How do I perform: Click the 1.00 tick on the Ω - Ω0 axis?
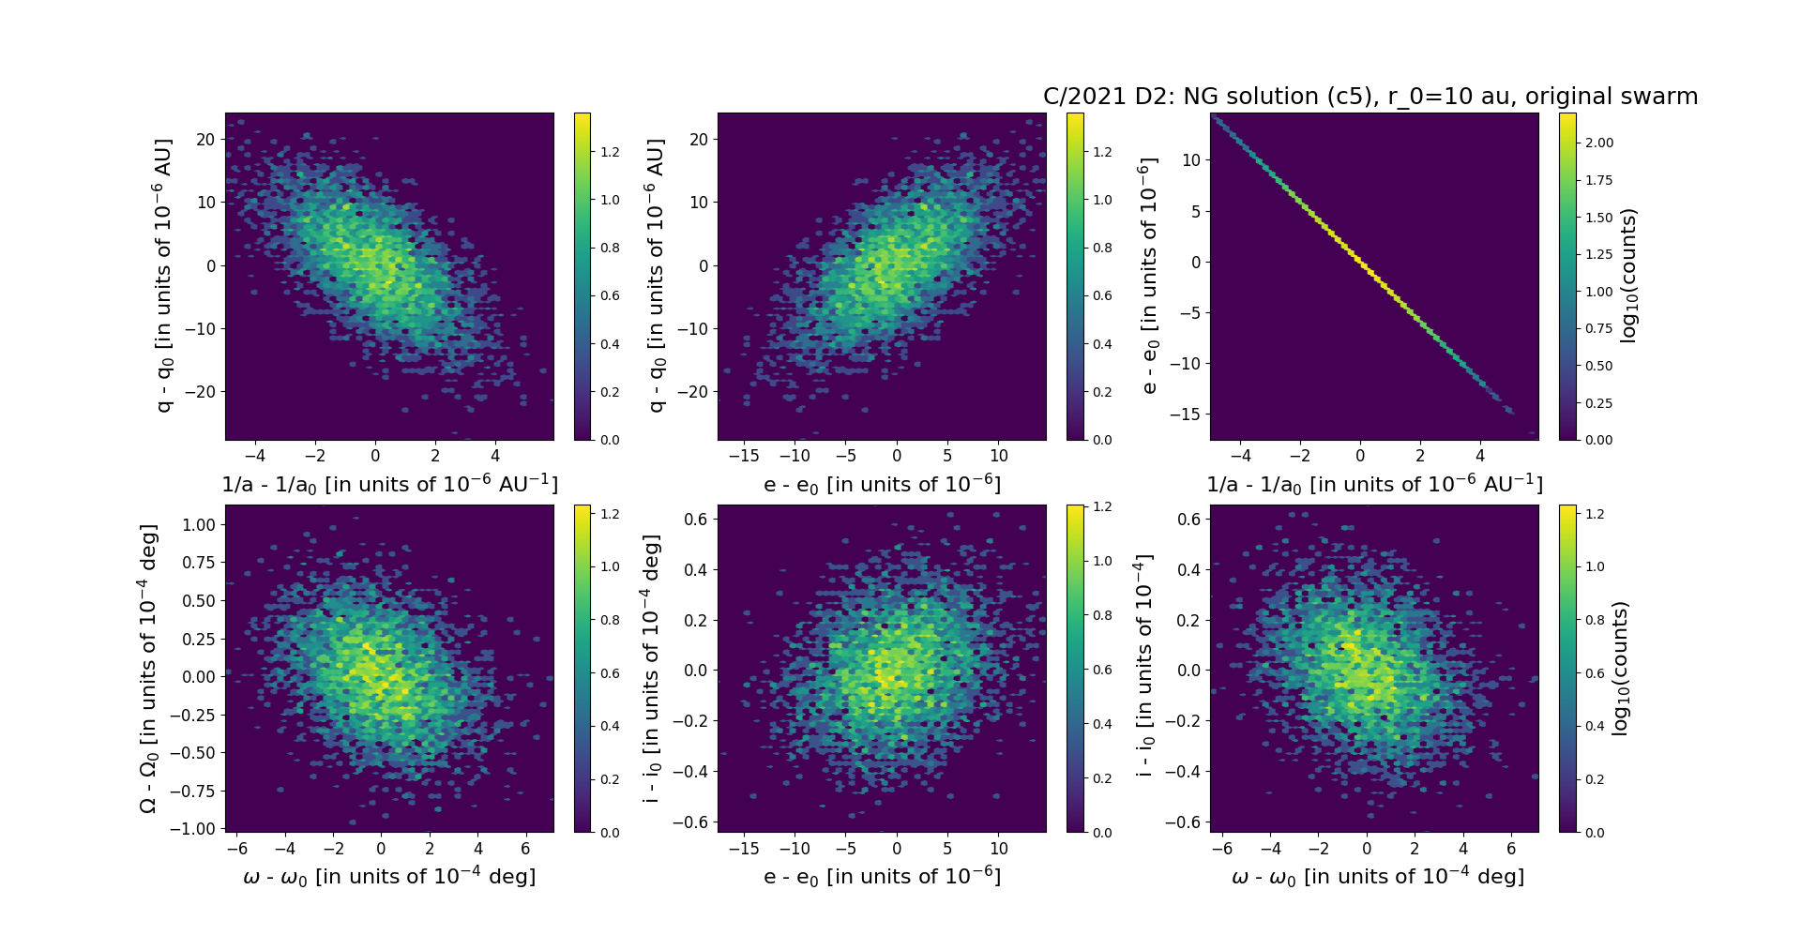pos(197,524)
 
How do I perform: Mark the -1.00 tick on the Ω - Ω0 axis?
pos(193,829)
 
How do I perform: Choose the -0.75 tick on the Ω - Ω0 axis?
pos(193,791)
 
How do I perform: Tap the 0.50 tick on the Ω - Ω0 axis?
pos(197,600)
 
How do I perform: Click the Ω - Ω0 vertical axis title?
pos(148,669)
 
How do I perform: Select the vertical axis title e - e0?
pos(1147,276)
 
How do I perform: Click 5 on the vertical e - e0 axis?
pos(1195,211)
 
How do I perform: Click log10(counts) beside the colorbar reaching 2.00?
pos(1628,276)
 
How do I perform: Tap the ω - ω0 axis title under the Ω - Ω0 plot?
pos(389,876)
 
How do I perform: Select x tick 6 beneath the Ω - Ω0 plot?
pos(525,849)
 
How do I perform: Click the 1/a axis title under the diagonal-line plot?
pos(1374,485)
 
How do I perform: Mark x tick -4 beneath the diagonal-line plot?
pos(1240,457)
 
